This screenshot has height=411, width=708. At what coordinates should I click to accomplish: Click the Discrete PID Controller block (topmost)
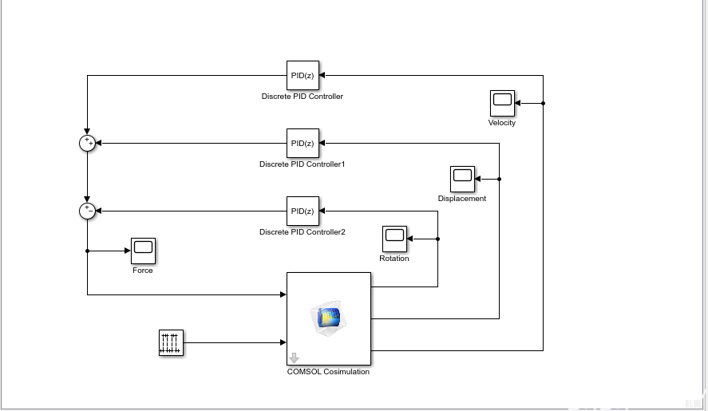click(303, 76)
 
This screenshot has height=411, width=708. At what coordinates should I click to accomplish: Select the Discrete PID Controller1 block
click(303, 144)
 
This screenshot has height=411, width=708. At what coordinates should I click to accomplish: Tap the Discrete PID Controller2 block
click(303, 211)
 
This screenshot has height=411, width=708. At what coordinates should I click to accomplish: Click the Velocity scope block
click(502, 103)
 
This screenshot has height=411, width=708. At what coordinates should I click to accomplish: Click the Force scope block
click(143, 251)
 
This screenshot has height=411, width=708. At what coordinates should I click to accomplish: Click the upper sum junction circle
click(87, 144)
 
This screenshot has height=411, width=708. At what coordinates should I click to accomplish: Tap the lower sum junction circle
click(87, 211)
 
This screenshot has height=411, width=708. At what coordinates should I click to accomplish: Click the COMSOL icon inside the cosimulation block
click(329, 317)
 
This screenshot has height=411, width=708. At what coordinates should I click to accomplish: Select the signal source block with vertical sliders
click(171, 343)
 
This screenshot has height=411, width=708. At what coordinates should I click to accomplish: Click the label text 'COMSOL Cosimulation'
click(328, 372)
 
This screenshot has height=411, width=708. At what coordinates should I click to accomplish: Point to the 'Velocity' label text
click(502, 123)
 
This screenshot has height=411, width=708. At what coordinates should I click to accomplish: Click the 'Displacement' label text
click(462, 199)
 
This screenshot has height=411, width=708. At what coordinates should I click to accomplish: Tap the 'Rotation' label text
click(394, 259)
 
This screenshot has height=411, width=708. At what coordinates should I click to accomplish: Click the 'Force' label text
click(143, 271)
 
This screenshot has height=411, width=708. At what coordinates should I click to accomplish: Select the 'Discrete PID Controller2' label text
click(303, 232)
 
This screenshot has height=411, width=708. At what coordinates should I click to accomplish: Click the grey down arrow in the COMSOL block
click(294, 358)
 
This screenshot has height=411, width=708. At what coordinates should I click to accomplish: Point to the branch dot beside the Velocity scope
click(544, 103)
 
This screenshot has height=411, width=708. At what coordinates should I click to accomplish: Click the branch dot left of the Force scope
click(87, 251)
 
